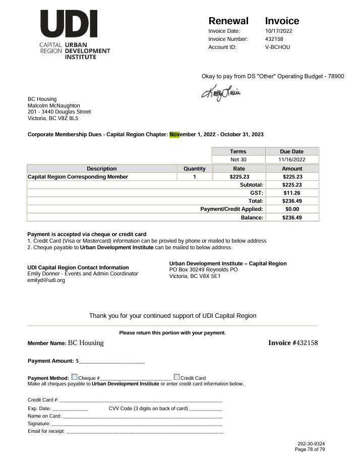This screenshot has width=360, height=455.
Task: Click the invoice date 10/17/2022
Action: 279,31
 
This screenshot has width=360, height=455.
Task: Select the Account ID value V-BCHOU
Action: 277,47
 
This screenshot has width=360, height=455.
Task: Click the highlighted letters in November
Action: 174,135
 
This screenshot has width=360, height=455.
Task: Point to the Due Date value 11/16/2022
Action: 292,159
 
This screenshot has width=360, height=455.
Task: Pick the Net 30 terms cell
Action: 238,159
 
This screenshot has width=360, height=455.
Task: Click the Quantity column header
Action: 194,168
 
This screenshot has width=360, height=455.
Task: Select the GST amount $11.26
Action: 292,193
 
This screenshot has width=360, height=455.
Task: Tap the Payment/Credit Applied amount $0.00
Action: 292,209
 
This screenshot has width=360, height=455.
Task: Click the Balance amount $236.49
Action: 292,217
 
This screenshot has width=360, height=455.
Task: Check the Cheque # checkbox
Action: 75,377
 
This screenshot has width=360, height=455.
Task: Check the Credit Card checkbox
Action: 176,377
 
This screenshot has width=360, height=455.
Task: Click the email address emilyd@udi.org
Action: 46,280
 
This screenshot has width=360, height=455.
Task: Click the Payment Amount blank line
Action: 111,361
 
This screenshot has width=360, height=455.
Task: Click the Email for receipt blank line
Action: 144,432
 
